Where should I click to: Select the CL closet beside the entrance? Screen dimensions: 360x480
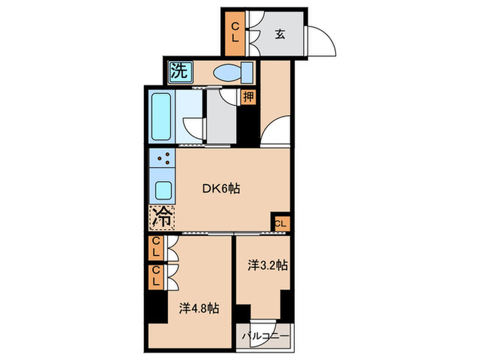[235, 33]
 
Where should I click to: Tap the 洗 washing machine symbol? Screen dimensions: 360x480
[179, 70]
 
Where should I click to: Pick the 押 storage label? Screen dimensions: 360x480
[248, 97]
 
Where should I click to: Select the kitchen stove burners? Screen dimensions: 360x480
[163, 162]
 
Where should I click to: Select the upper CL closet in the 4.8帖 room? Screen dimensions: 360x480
[156, 248]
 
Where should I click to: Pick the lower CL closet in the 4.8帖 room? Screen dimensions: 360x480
[156, 276]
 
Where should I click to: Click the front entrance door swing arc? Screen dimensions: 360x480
[322, 41]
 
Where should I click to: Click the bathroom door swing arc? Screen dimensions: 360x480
[195, 128]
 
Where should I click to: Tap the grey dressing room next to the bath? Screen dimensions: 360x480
[222, 121]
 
